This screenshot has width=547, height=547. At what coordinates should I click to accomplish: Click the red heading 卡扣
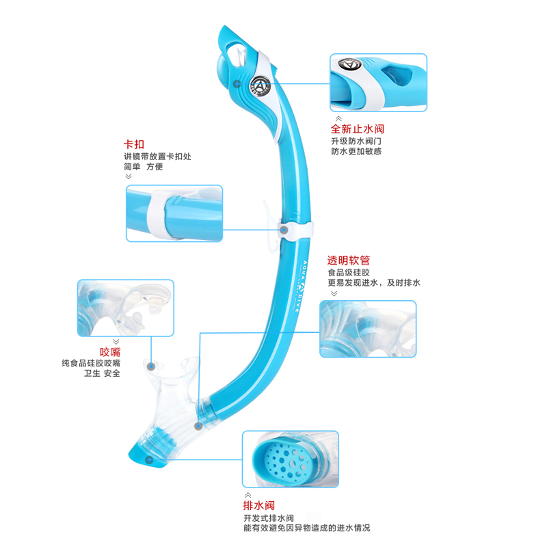point(133,144)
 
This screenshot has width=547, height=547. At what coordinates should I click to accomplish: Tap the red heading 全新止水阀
point(356,128)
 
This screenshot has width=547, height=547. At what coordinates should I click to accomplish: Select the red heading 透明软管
point(349,260)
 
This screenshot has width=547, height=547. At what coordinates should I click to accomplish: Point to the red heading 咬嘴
point(109,351)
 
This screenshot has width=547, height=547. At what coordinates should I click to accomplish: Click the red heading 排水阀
point(259,506)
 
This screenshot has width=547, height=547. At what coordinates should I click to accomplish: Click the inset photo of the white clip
point(174,213)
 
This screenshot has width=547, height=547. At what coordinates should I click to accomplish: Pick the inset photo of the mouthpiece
point(125,308)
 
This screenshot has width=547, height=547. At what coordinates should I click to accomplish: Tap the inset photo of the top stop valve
point(378,82)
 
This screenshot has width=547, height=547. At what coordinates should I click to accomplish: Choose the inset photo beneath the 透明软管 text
point(368,328)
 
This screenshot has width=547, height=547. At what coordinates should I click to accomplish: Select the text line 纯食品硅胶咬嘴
point(91,363)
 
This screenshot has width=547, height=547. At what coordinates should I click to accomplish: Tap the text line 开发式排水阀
point(268,518)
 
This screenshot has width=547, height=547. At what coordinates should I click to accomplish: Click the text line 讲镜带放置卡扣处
point(157,156)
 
